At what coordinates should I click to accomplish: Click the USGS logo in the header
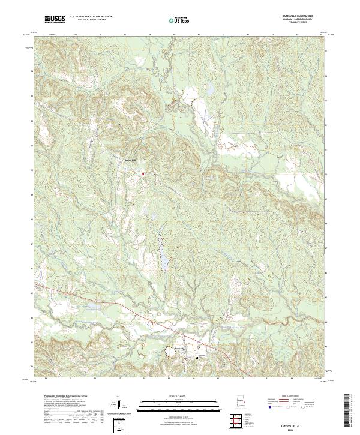pos(56,19)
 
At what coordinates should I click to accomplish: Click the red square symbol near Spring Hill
pos(143,174)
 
